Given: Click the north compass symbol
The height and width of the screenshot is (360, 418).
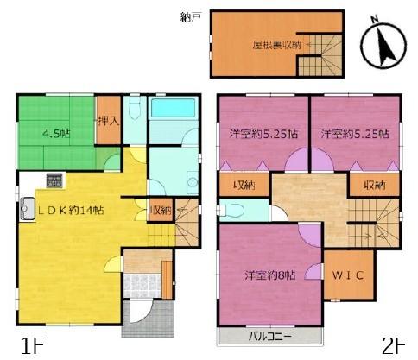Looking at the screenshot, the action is coord(383,45).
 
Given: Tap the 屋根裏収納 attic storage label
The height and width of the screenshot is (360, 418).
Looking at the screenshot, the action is coord(277,45).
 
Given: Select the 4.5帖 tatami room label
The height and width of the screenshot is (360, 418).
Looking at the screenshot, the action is coord(56,134).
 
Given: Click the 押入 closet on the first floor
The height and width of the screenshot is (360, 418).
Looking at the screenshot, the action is coord(108,121).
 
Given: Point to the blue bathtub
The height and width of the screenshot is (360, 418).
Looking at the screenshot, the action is coord(173,108).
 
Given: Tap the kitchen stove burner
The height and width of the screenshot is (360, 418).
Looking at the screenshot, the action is coord(55,181).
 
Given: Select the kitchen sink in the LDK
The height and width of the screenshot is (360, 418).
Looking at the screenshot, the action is coord(28,209).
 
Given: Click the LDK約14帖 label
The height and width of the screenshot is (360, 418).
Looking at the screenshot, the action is coord(72,211).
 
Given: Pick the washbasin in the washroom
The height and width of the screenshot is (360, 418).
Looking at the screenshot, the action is coord(193,183).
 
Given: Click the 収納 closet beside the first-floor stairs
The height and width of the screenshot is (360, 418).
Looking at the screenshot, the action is coord(161,211).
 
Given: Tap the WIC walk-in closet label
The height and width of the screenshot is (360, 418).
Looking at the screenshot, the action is coord(348,275).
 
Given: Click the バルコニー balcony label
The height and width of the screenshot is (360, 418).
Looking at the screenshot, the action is coord(270,336).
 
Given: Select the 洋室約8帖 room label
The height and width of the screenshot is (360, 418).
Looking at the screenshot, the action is coord(270,275).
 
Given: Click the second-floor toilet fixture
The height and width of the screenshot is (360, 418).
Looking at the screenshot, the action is coord(231,210).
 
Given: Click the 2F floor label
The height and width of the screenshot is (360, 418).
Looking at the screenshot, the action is coord(393,346).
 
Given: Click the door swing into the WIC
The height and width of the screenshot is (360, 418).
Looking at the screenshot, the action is coord(314,272).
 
